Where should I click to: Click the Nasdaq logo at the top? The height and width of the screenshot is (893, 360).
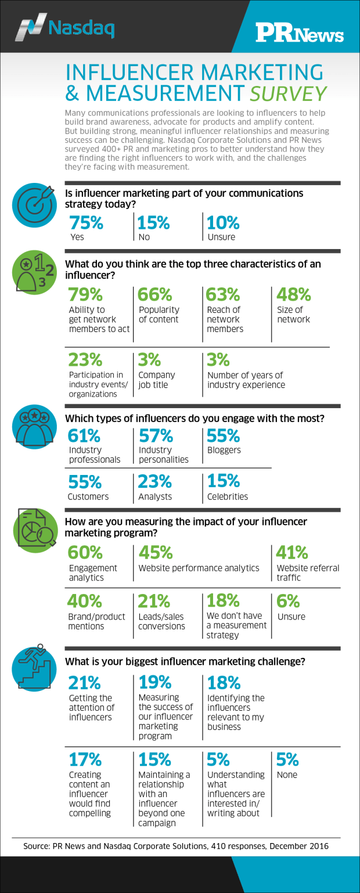click(x=65, y=27)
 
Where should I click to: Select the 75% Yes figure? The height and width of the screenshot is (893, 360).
click(x=86, y=223)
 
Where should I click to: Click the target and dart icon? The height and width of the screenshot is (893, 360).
click(x=34, y=207)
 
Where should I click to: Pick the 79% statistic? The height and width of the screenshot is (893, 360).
click(x=85, y=295)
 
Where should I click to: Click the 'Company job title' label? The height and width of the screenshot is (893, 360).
click(x=156, y=380)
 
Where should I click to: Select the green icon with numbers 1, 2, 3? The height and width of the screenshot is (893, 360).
click(x=34, y=274)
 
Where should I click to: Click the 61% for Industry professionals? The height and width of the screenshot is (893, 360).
click(x=84, y=435)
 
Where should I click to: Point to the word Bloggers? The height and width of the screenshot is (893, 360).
click(x=224, y=450)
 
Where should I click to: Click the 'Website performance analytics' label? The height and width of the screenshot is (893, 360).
click(x=199, y=568)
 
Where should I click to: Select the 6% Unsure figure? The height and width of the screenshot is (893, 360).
click(x=288, y=601)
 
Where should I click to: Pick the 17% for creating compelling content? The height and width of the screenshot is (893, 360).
click(x=85, y=759)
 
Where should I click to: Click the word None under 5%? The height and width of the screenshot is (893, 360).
click(x=287, y=775)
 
